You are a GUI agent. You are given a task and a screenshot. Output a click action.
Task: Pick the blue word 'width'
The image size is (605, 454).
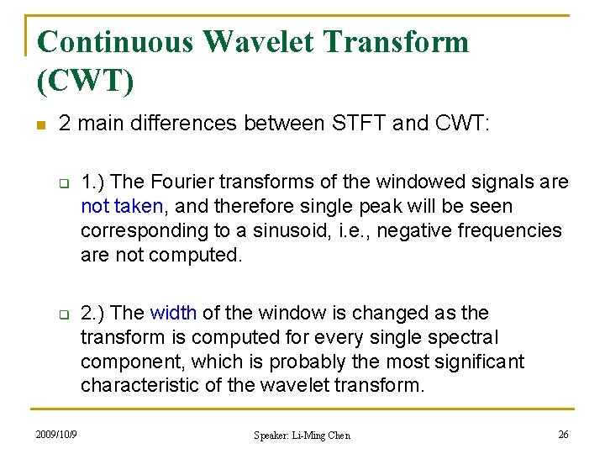173,313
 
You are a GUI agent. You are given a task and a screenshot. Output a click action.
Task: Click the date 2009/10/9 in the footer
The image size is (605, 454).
57,435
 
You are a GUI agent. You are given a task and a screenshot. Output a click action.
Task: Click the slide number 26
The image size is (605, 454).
562,435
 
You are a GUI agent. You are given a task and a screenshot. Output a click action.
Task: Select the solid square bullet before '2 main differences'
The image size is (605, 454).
39,124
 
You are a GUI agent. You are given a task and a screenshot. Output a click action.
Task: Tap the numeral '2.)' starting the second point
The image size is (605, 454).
92,313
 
